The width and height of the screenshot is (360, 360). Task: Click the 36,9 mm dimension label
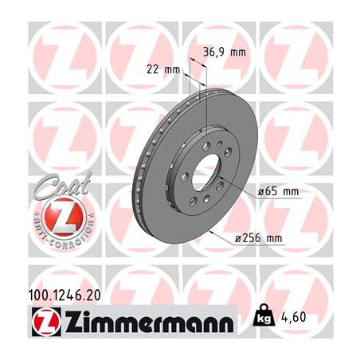[x=225, y=53]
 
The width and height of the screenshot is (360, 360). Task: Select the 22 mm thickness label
[x=163, y=70]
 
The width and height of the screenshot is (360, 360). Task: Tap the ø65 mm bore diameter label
[x=278, y=191]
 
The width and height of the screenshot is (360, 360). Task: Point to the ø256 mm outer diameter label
[x=259, y=238]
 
